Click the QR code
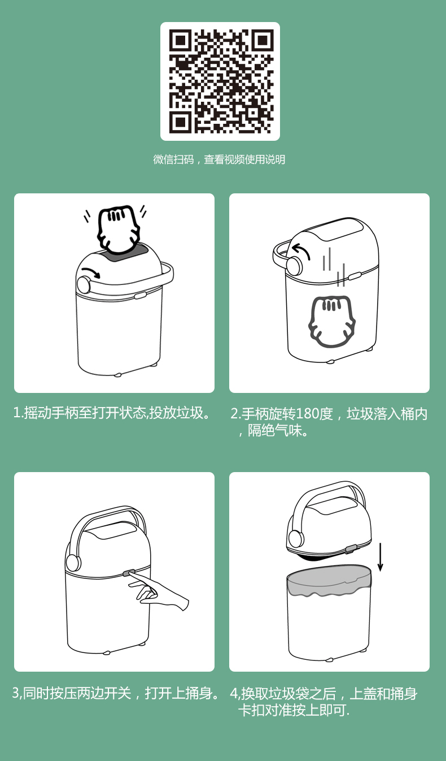pos(220,81)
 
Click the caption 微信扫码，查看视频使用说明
pos(219,159)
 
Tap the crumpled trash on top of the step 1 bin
pos(119,229)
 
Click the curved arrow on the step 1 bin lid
pos(91,273)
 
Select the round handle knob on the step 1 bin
pos(84,284)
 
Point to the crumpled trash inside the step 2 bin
pos(332,322)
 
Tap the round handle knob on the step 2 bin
pos(294,266)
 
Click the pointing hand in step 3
pos(158,593)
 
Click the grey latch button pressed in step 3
pos(129,573)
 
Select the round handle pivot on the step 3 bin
pos(73,563)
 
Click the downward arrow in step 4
pos(381,557)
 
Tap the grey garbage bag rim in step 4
pos(329,581)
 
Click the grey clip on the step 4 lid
pos(351,549)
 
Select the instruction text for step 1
pos(112,413)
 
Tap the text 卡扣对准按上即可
pos(294,710)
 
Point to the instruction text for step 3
pos(115,693)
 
